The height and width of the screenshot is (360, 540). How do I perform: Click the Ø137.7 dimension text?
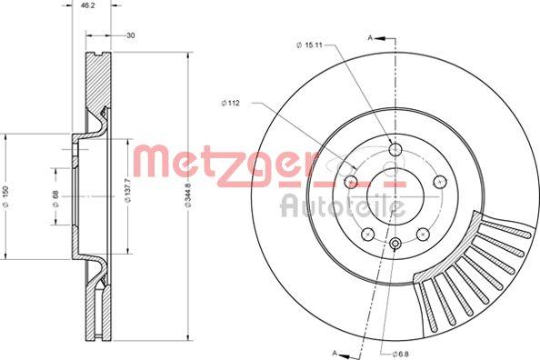click(x=128, y=195)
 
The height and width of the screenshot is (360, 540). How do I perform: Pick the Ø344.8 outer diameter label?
click(x=187, y=195)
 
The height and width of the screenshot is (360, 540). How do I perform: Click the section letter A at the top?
click(x=370, y=36)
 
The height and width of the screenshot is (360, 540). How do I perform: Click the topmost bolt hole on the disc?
click(x=395, y=150)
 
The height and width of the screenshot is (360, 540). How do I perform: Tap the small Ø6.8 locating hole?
click(x=395, y=244)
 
